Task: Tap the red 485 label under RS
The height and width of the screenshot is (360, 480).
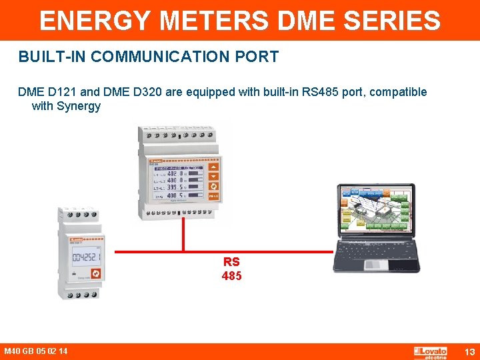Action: [x=231, y=275]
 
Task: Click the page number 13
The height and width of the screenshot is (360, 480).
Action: [x=469, y=351]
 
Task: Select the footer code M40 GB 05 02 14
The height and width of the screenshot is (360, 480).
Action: [x=35, y=351]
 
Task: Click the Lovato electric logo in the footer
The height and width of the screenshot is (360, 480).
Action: [x=431, y=352]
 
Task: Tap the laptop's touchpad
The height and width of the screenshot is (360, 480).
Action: [x=373, y=265]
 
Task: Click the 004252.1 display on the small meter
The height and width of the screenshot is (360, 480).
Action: [x=85, y=257]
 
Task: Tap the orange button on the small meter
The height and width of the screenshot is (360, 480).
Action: [x=95, y=273]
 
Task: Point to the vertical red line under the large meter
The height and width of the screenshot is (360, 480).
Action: [x=183, y=233]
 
